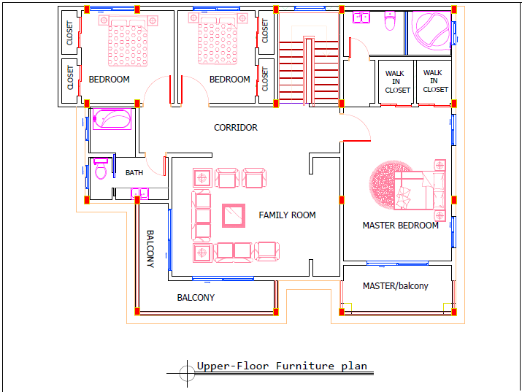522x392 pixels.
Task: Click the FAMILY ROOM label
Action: (287, 215)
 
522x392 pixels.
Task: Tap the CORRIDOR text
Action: (235, 128)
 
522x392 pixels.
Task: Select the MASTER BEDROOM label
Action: (400, 226)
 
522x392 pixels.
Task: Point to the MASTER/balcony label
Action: (395, 286)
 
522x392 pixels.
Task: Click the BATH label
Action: (134, 173)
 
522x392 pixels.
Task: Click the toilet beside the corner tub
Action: (390, 23)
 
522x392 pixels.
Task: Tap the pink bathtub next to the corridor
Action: (111, 119)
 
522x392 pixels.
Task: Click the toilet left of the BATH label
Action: (101, 169)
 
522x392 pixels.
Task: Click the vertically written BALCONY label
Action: (150, 249)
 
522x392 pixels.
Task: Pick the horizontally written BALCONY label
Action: (196, 298)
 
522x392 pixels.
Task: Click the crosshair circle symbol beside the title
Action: (187, 373)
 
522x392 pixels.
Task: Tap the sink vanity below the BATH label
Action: (139, 193)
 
